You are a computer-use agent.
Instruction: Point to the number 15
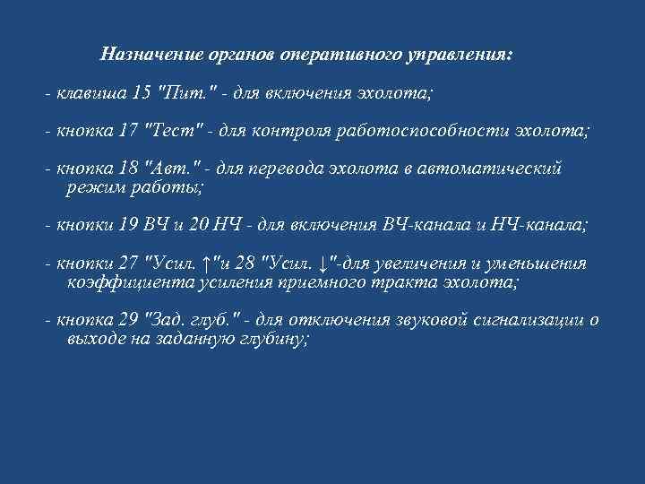(141, 92)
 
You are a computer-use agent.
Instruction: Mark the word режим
(92, 186)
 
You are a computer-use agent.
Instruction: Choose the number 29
(128, 320)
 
